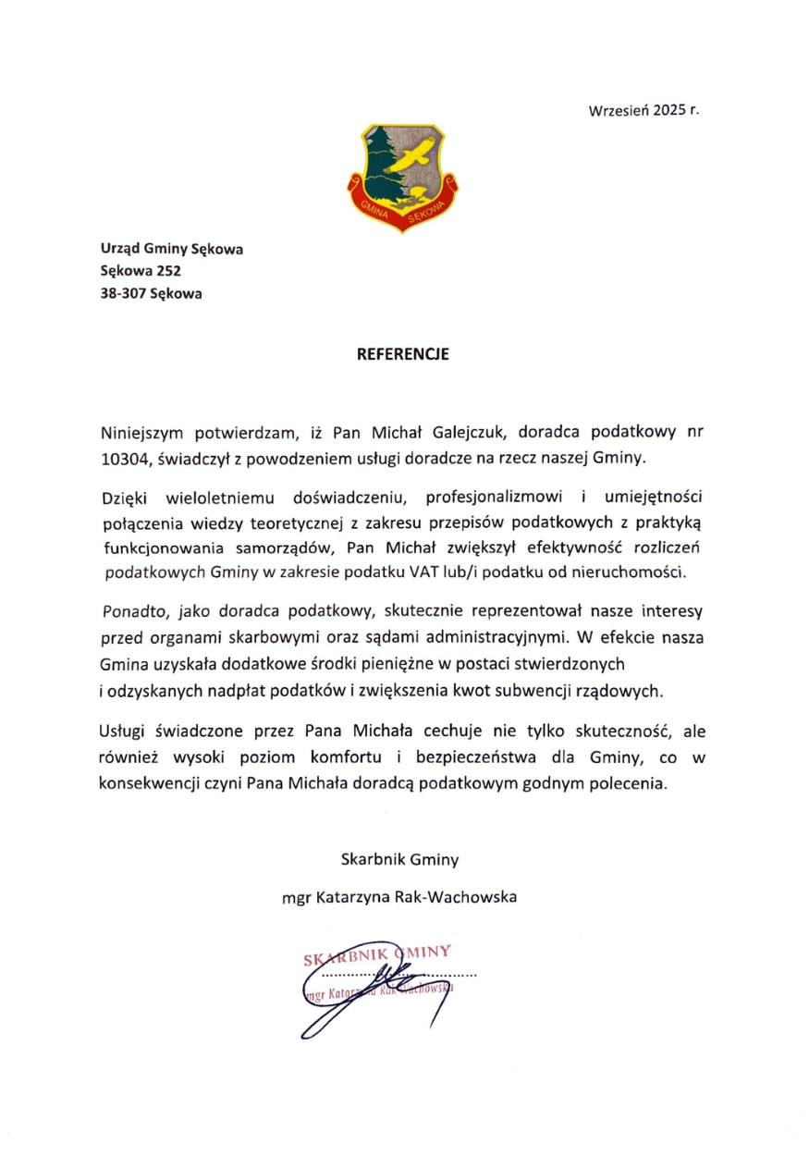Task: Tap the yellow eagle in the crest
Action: coord(413,157)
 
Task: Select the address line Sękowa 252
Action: coord(141,271)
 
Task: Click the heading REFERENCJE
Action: coord(403,353)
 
